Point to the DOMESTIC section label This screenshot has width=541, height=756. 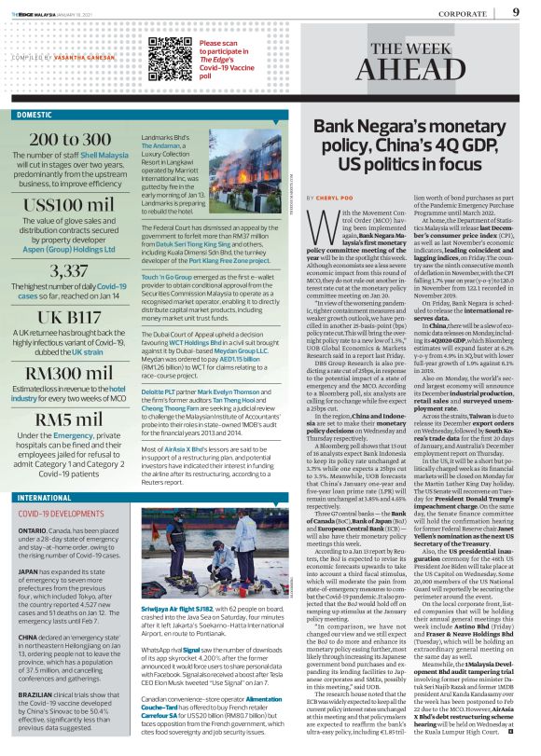pyautogui.click(x=35, y=115)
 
